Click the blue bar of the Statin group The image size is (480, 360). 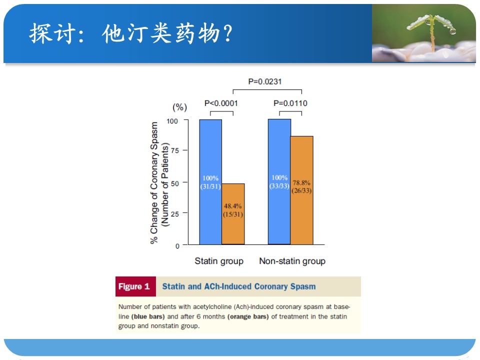click(210, 182)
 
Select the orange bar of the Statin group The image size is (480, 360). click(233, 214)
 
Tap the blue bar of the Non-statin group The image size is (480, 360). click(279, 181)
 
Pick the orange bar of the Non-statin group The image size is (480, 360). click(302, 190)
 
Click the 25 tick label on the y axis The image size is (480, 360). click(175, 213)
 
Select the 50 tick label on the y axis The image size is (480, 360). click(175, 183)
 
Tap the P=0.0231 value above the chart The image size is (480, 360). click(265, 81)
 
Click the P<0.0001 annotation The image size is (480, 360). click(221, 103)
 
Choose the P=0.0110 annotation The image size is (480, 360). click(290, 103)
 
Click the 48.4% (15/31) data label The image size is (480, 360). click(233, 210)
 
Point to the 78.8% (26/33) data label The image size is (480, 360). click(301, 186)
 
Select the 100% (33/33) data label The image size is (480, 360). click(279, 182)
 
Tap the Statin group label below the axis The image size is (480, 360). click(219, 261)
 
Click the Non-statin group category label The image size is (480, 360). click(292, 261)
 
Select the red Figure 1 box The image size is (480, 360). click(135, 286)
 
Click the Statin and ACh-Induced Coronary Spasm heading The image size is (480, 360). click(239, 286)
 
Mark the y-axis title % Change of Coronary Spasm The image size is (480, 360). click(154, 183)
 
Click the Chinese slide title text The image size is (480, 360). click(131, 33)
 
